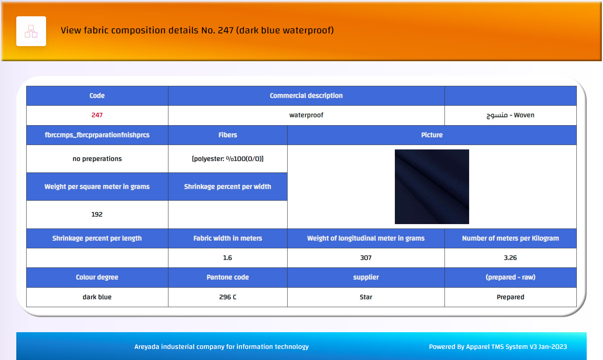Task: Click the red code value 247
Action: pyautogui.click(x=97, y=115)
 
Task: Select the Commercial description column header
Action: pyautogui.click(x=306, y=96)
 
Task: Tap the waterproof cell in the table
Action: pyautogui.click(x=306, y=115)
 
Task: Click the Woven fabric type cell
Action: pyautogui.click(x=510, y=115)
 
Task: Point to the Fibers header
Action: pyautogui.click(x=228, y=135)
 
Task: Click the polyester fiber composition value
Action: pyautogui.click(x=228, y=159)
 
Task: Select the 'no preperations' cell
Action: pyautogui.click(x=97, y=159)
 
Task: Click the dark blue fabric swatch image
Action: pyautogui.click(x=432, y=187)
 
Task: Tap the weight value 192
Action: pyautogui.click(x=97, y=214)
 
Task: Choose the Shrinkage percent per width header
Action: pyautogui.click(x=228, y=187)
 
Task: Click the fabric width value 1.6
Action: pyautogui.click(x=228, y=257)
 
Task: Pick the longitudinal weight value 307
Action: pyautogui.click(x=366, y=257)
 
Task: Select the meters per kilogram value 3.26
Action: pyautogui.click(x=510, y=257)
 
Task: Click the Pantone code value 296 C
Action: pyautogui.click(x=228, y=297)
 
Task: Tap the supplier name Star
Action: pyautogui.click(x=366, y=297)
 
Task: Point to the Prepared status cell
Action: pyautogui.click(x=510, y=297)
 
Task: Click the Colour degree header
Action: pyautogui.click(x=97, y=277)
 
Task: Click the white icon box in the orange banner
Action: pyautogui.click(x=31, y=31)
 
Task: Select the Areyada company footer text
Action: pyautogui.click(x=221, y=347)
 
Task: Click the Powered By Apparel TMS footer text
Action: pyautogui.click(x=498, y=347)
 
